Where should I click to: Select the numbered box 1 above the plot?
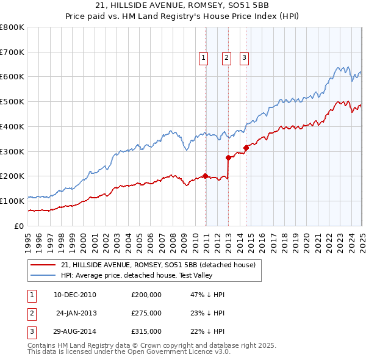pyautogui.click(x=203, y=58)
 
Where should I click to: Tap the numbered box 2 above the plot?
pyautogui.click(x=226, y=58)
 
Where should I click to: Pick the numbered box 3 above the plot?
pyautogui.click(x=243, y=58)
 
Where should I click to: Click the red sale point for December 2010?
pyautogui.click(x=205, y=176)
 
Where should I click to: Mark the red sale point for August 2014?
pyautogui.click(x=246, y=147)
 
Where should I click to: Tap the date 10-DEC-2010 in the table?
pyautogui.click(x=75, y=295)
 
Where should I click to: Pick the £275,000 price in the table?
pyautogui.click(x=146, y=313)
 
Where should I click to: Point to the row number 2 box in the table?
pyautogui.click(x=31, y=313)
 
